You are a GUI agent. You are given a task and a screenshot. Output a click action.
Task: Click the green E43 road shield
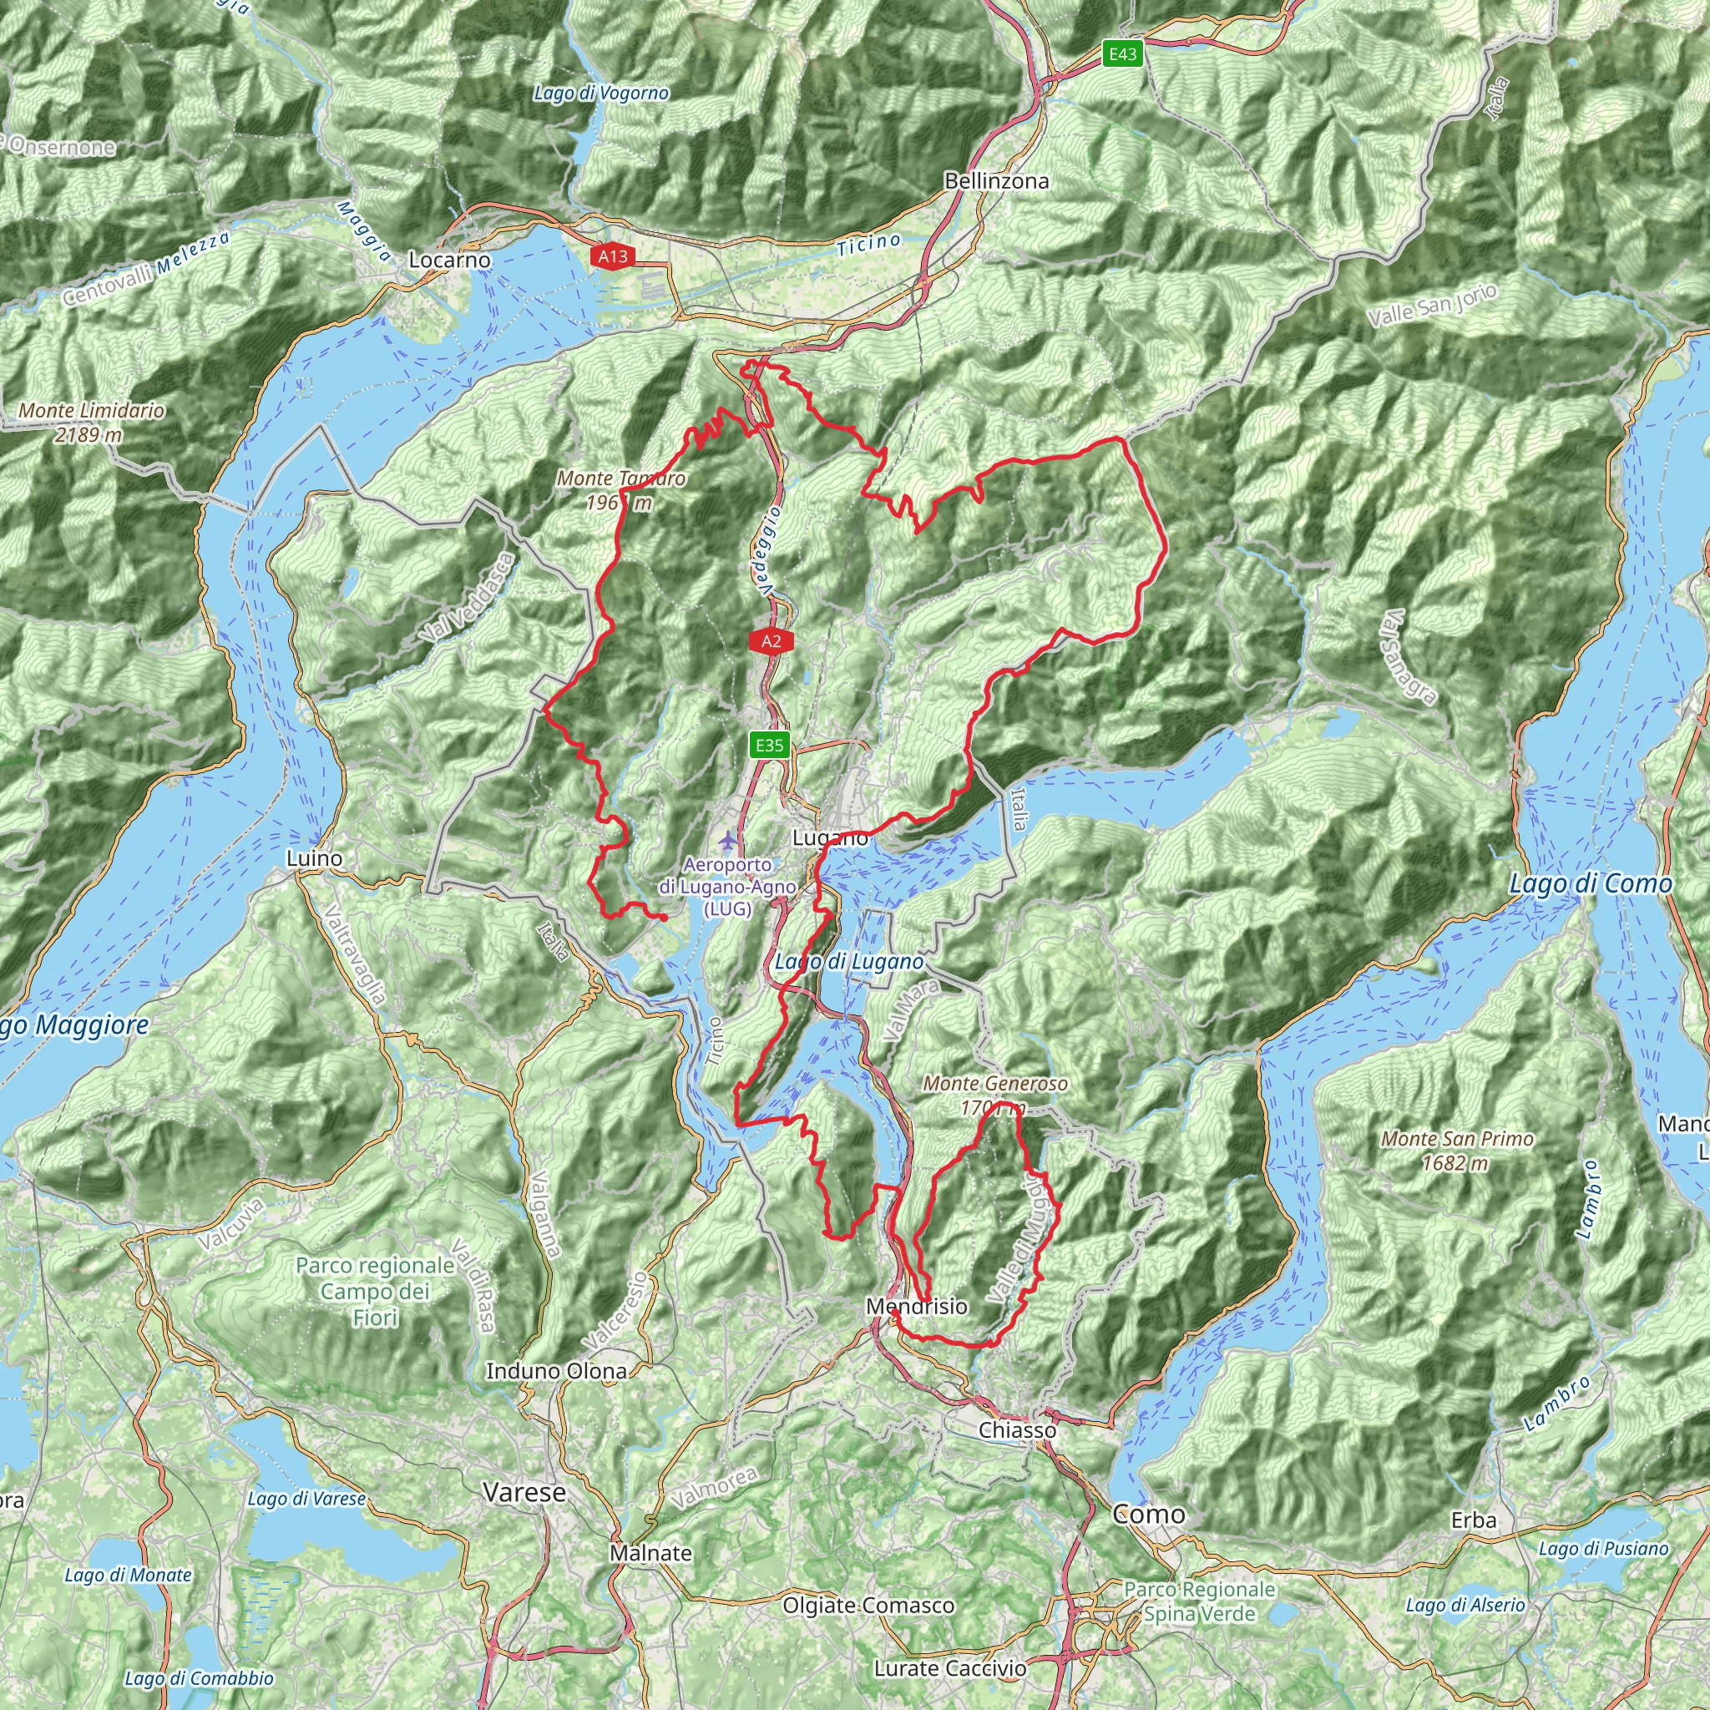(1122, 54)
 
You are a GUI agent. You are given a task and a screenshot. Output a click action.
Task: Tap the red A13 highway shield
(613, 256)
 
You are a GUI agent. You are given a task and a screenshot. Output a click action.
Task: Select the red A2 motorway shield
(771, 642)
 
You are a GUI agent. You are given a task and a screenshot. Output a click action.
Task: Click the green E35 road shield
(769, 746)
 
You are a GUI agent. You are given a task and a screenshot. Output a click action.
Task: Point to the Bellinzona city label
(997, 181)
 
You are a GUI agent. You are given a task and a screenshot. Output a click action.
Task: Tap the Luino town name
(314, 858)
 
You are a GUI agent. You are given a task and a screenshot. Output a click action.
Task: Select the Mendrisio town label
(917, 1307)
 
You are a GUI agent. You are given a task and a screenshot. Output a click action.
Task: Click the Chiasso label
(1018, 1430)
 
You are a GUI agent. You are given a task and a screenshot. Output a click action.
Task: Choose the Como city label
(1149, 1515)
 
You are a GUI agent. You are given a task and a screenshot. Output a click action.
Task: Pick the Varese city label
(525, 1493)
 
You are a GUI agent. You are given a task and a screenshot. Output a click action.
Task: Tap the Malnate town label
(650, 1553)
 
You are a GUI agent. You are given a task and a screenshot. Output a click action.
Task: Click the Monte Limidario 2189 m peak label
(91, 422)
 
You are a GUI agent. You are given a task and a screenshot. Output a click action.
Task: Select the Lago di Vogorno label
(601, 93)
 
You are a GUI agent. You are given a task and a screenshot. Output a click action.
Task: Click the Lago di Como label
(1591, 883)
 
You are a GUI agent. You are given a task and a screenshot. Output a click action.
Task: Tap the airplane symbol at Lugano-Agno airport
(727, 839)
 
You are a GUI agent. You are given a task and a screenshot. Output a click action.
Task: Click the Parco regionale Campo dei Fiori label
(375, 1292)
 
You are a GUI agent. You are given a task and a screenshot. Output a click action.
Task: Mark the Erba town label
(1474, 1520)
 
